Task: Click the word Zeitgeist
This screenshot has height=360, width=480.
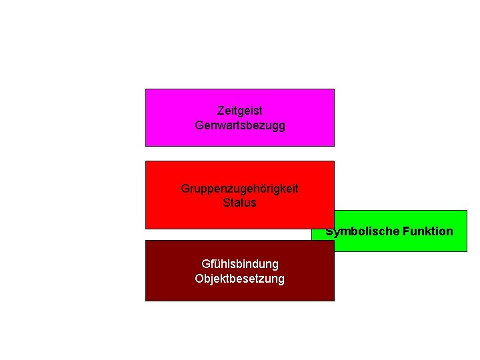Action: (x=240, y=111)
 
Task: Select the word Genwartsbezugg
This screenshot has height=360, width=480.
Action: (x=240, y=125)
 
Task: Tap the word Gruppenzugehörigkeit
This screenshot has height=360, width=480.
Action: (x=240, y=189)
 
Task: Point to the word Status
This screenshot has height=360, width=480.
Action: (x=240, y=203)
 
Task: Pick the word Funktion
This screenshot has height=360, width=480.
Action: (x=428, y=231)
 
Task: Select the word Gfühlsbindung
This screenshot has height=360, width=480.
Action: (x=240, y=265)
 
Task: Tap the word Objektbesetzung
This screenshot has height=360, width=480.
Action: (x=240, y=279)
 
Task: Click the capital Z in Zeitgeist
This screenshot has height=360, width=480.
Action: (x=221, y=111)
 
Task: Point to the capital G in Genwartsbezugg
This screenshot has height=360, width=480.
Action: (x=199, y=125)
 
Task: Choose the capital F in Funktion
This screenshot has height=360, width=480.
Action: (x=407, y=231)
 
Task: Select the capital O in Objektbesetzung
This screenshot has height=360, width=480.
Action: (x=199, y=279)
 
